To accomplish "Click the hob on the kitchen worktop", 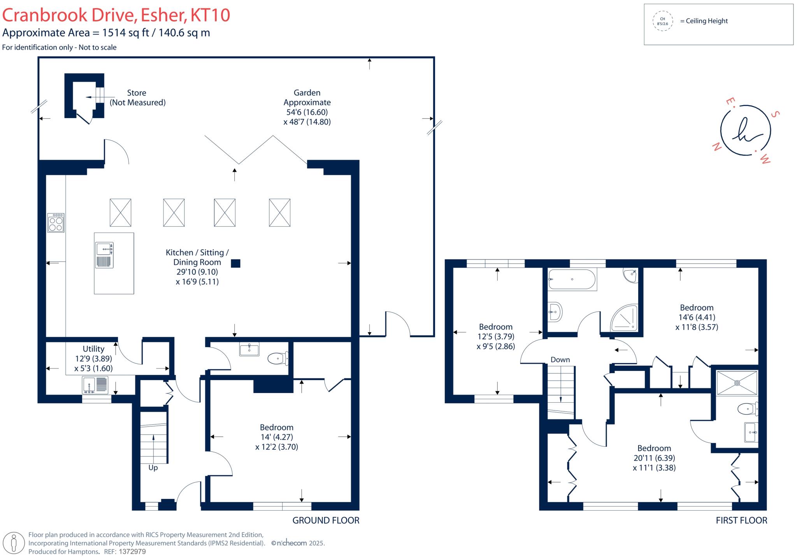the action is pyautogui.click(x=56, y=223).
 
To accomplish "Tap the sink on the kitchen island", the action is pyautogui.click(x=104, y=255).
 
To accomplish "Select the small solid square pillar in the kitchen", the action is pyautogui.click(x=235, y=263).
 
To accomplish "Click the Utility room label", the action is pyautogui.click(x=93, y=349).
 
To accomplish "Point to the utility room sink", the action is pyautogui.click(x=95, y=385).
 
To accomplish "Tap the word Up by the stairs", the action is pyautogui.click(x=153, y=467).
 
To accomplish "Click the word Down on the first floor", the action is pyautogui.click(x=560, y=360).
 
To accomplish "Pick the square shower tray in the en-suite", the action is pyautogui.click(x=737, y=383).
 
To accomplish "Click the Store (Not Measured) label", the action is pyautogui.click(x=137, y=97).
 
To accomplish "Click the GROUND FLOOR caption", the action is pyautogui.click(x=326, y=520).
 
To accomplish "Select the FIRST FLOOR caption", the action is pyautogui.click(x=741, y=520).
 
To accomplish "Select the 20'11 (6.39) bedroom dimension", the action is pyautogui.click(x=654, y=458).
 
